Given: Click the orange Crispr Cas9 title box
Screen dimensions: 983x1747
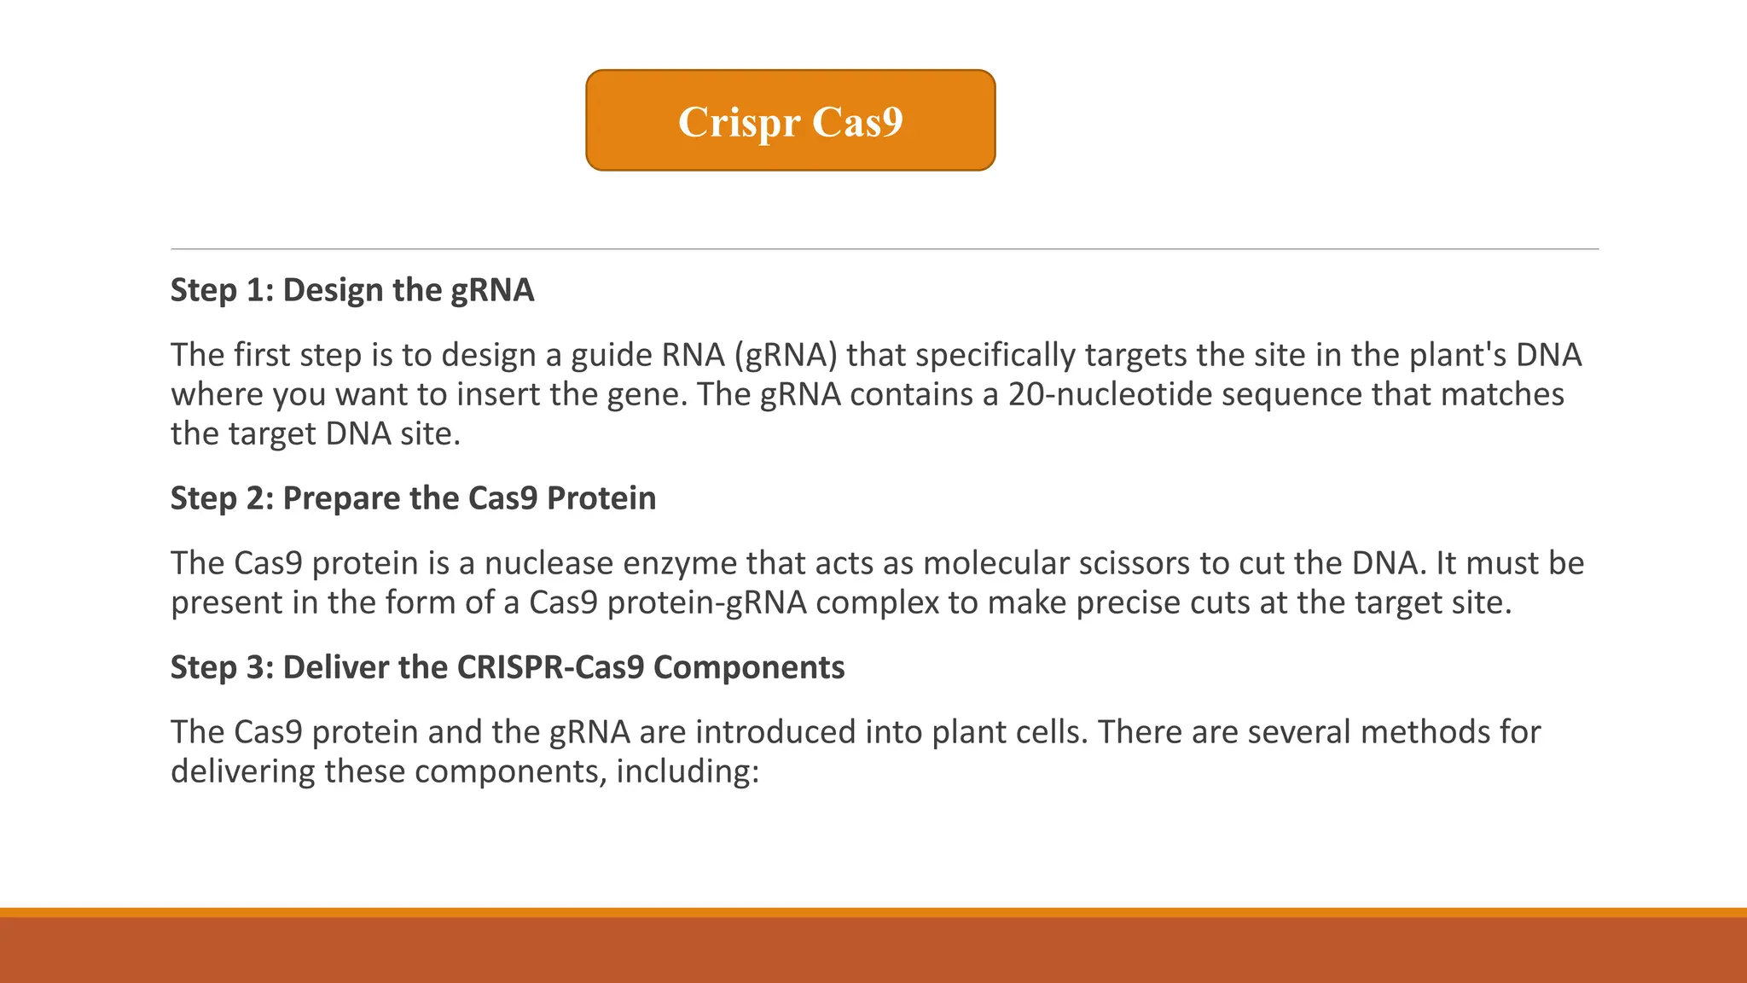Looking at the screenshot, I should [790, 120].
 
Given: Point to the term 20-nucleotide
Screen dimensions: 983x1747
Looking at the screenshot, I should [1117, 394].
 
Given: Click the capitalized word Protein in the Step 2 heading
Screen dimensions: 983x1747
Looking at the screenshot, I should [601, 498].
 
